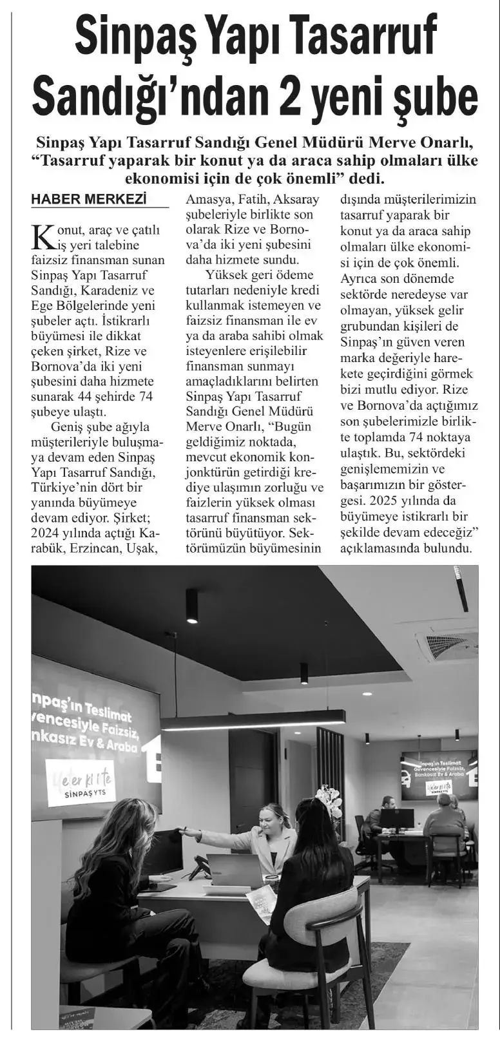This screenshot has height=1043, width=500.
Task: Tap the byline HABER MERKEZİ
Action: pos(88,200)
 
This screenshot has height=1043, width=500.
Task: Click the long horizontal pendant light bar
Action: pos(253,720)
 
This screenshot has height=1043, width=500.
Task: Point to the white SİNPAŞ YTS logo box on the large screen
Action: pos(89,783)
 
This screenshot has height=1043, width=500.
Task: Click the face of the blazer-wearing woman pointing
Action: pos(272,818)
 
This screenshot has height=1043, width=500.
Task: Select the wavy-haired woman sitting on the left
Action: pos(122,895)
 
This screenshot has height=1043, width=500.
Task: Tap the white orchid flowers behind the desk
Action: pos(329,801)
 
